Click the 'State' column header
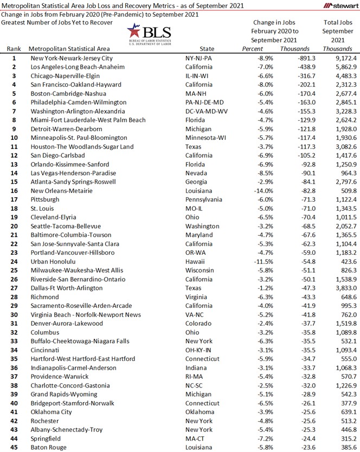point(207,49)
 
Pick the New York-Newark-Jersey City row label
point(72,57)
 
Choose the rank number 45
point(14,447)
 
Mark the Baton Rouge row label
point(49,447)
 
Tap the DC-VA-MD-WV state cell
point(207,111)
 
